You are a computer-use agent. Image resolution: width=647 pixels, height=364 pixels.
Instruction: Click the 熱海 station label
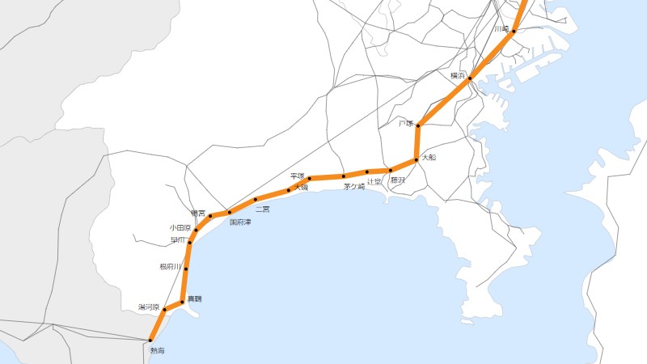pos(157,350)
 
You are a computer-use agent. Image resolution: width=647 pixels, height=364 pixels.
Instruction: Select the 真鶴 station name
pos(195,299)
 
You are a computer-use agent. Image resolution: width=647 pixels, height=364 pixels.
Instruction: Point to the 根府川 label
pos(171,267)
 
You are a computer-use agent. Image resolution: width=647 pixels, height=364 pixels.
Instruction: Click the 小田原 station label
pos(180,228)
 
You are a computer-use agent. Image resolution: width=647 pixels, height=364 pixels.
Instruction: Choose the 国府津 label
pos(240,221)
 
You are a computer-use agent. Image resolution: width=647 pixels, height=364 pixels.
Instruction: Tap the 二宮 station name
pos(262,209)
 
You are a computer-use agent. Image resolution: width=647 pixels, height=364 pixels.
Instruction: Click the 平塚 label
pos(297,176)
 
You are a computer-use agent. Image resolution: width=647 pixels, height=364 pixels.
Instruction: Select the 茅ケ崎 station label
pos(354,187)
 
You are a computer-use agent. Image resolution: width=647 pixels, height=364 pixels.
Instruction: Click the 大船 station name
pos(429,157)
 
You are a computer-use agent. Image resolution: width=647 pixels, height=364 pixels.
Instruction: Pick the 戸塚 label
pos(406,124)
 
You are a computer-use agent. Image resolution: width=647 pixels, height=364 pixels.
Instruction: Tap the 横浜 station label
pos(459,75)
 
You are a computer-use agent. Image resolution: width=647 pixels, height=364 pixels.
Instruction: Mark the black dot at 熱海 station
pos(150,340)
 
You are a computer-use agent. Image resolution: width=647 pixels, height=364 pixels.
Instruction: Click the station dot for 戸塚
pos(418,125)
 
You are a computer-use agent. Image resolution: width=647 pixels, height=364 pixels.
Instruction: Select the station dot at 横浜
pos(470,78)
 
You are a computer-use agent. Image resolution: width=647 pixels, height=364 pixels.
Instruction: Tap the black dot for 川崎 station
pos(514,31)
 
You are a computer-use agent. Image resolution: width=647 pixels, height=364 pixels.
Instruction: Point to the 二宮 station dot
pos(256,199)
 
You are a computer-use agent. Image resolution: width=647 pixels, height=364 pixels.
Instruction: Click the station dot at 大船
pos(416,160)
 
